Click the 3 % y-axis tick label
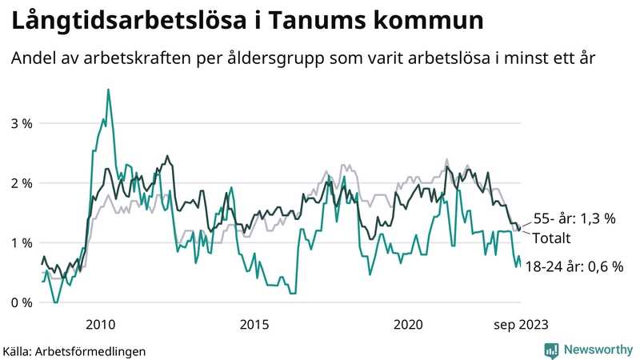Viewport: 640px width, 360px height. pyautogui.click(x=21, y=123)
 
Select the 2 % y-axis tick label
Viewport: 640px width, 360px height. pyautogui.click(x=21, y=183)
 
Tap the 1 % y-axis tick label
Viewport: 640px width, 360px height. pyautogui.click(x=21, y=242)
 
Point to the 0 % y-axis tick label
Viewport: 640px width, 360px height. pyautogui.click(x=21, y=302)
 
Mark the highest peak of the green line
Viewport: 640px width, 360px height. pyautogui.click(x=108, y=90)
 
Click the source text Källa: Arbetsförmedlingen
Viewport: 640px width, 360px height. pyautogui.click(x=74, y=350)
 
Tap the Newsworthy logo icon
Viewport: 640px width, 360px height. pyautogui.click(x=551, y=350)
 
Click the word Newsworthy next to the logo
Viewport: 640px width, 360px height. pyautogui.click(x=598, y=350)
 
